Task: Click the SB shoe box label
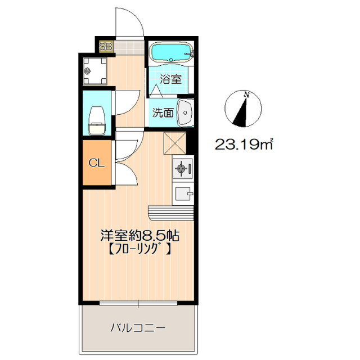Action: [x=105, y=47]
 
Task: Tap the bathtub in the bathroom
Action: [x=171, y=53]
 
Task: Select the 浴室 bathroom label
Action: [x=170, y=79]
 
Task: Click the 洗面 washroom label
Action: [x=163, y=112]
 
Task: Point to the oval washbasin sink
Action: [x=185, y=112]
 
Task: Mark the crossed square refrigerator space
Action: [x=174, y=141]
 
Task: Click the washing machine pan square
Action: [x=93, y=71]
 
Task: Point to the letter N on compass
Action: [x=246, y=95]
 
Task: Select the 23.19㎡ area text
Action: [x=244, y=145]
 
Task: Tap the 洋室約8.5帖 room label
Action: [x=139, y=235]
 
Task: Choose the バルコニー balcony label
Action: [x=137, y=327]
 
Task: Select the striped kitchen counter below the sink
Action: [x=171, y=213]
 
